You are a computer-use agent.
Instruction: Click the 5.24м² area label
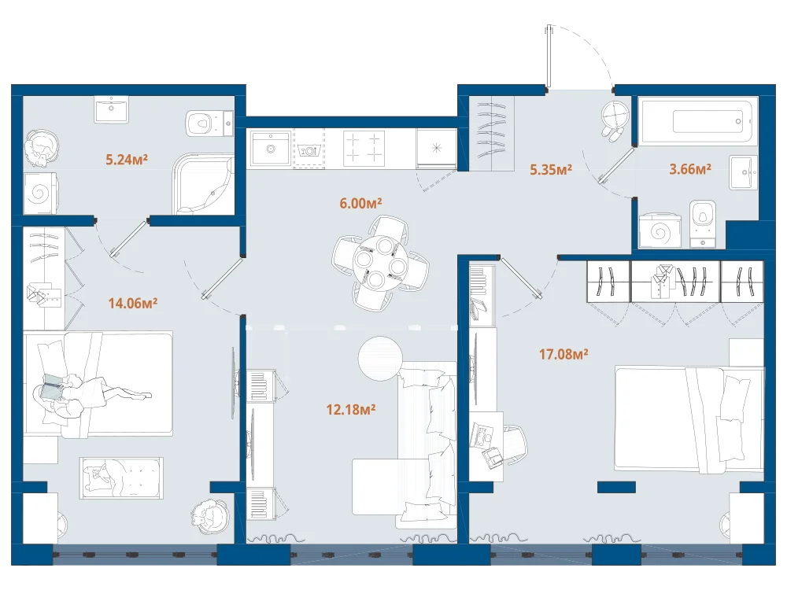click(127, 160)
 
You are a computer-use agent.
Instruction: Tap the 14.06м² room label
click(133, 303)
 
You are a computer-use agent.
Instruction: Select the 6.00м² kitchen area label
click(360, 203)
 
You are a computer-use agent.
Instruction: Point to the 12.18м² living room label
click(351, 409)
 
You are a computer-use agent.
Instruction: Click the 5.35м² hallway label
click(551, 170)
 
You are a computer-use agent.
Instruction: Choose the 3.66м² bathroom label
click(690, 169)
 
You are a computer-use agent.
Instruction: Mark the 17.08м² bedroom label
click(563, 354)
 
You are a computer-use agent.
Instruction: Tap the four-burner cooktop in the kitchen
click(364, 149)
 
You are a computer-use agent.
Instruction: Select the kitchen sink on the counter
click(271, 149)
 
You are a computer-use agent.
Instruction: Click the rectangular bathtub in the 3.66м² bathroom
click(697, 122)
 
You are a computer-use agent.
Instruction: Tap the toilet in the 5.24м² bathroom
click(209, 123)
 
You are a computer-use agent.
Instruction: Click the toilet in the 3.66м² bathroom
click(703, 223)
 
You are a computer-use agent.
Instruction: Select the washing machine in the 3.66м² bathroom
click(660, 231)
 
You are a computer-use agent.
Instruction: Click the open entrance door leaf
click(549, 56)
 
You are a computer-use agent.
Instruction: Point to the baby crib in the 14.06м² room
click(121, 478)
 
